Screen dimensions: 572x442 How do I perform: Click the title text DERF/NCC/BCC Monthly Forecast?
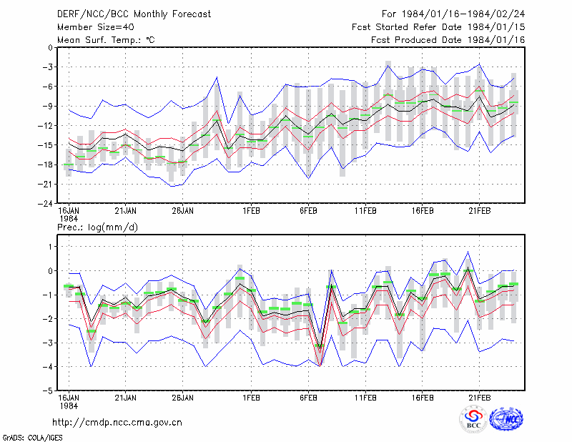(134, 14)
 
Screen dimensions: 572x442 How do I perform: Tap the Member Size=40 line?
(96, 27)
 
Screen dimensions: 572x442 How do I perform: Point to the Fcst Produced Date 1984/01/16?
(448, 40)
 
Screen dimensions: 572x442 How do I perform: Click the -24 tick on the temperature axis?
(46, 204)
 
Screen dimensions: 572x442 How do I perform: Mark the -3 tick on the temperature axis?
(47, 67)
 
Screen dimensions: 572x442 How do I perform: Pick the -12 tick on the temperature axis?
(46, 126)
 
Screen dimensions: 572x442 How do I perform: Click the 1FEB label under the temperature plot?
(251, 211)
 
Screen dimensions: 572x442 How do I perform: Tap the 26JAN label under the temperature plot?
(182, 211)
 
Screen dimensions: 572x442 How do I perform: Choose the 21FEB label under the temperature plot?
(479, 211)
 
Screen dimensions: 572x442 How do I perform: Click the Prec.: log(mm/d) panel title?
(97, 227)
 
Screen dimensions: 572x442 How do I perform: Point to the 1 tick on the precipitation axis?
(50, 247)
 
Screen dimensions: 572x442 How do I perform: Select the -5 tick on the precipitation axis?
(47, 391)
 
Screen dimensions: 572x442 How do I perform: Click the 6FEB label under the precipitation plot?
(308, 398)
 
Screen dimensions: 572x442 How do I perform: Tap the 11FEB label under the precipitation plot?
(365, 398)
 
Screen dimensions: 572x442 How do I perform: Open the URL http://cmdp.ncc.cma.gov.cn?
(117, 423)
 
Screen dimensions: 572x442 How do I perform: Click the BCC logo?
(473, 419)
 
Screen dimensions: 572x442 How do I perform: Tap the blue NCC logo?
(506, 419)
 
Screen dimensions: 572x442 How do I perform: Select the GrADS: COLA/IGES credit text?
(33, 438)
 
